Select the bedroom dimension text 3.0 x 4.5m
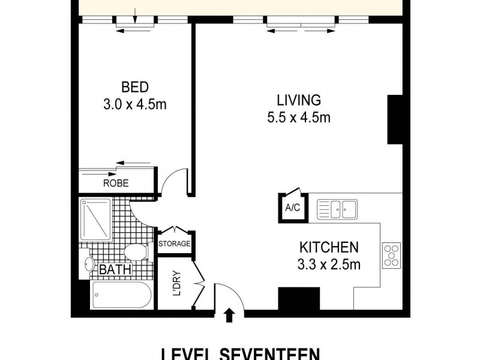click(x=134, y=104)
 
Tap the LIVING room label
click(x=298, y=100)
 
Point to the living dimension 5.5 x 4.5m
click(x=298, y=118)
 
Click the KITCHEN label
click(x=329, y=247)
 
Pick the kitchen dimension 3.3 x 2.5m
click(x=329, y=265)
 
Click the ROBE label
click(x=116, y=184)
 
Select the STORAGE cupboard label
click(x=175, y=244)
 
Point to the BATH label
click(x=115, y=270)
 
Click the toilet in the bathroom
click(x=137, y=252)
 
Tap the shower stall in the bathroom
click(x=96, y=219)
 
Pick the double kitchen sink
click(x=337, y=209)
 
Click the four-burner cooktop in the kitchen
click(x=392, y=254)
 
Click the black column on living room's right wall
click(x=394, y=119)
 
